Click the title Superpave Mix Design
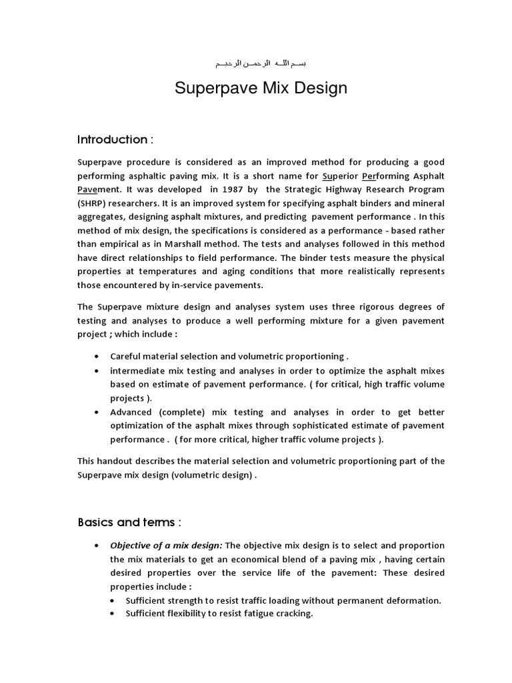click(261, 89)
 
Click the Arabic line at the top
click(261, 64)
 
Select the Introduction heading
click(115, 139)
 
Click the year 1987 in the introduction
click(215, 189)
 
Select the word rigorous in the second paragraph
click(351, 306)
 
